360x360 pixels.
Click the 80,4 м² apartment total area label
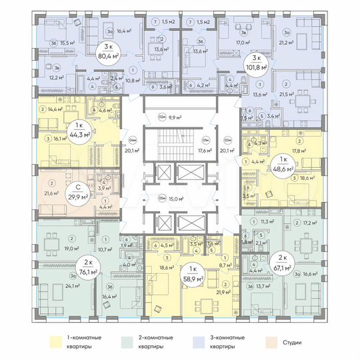point(106,55)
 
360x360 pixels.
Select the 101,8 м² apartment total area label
point(257,67)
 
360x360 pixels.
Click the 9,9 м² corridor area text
point(175,117)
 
